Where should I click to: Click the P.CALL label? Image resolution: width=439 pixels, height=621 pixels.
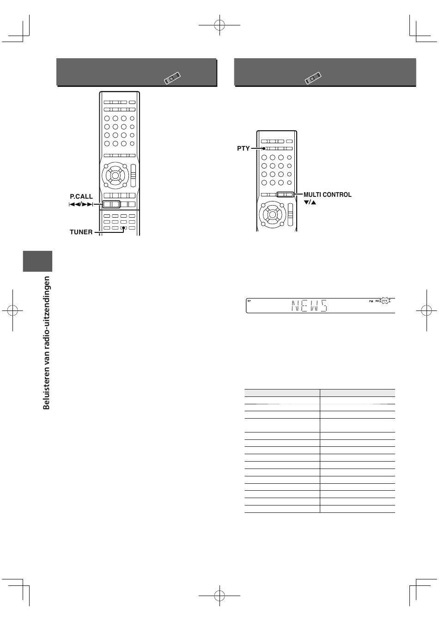click(x=81, y=196)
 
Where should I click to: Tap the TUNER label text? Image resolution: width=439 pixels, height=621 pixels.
click(x=81, y=232)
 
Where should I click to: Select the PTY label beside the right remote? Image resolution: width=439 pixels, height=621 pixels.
click(x=243, y=149)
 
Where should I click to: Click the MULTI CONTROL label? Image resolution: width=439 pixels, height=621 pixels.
click(x=328, y=195)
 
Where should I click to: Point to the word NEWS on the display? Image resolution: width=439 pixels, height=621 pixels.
click(x=309, y=306)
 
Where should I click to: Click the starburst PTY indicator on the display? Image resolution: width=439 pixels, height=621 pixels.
click(x=384, y=301)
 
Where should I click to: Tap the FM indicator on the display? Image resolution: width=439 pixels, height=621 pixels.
click(x=371, y=301)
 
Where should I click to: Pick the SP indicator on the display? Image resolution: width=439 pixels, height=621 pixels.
click(x=249, y=301)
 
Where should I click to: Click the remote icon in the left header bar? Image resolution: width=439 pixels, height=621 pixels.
click(x=172, y=78)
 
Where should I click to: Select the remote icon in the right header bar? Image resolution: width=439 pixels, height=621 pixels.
click(x=313, y=78)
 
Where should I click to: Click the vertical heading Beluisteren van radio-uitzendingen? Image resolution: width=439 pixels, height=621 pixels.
click(x=46, y=343)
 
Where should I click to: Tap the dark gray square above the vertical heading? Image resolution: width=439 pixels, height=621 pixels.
click(x=37, y=261)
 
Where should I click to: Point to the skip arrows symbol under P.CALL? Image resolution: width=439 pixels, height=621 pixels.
click(x=81, y=205)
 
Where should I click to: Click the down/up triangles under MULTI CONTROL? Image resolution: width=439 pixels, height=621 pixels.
click(x=310, y=202)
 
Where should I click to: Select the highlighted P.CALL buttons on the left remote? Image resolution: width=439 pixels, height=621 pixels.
click(x=111, y=204)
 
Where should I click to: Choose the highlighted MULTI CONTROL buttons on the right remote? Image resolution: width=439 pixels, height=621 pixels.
click(x=285, y=195)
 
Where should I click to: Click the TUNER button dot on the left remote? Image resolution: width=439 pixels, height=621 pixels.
click(x=124, y=228)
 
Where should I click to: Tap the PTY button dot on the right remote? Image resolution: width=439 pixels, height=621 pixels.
click(x=264, y=149)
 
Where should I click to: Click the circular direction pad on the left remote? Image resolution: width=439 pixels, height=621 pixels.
click(x=115, y=175)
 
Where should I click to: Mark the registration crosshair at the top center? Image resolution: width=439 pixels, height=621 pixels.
click(x=219, y=25)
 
